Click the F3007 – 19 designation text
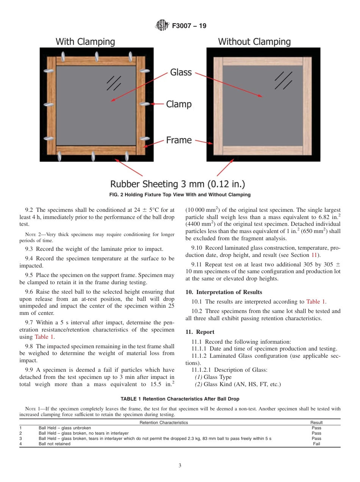click(x=189, y=26)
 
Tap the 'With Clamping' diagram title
click(x=85, y=42)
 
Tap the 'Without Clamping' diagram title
click(x=254, y=42)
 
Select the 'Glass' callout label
click(x=181, y=72)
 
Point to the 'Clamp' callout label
click(x=179, y=104)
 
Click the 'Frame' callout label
click(x=179, y=140)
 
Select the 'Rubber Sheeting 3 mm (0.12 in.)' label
click(x=177, y=184)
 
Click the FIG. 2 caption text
click(x=180, y=195)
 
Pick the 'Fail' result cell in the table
click(x=316, y=444)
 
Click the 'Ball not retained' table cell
click(x=55, y=444)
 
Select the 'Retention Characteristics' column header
click(x=164, y=423)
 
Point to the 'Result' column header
click(x=316, y=423)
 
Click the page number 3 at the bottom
click(x=180, y=466)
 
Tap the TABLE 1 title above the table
click(x=180, y=399)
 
